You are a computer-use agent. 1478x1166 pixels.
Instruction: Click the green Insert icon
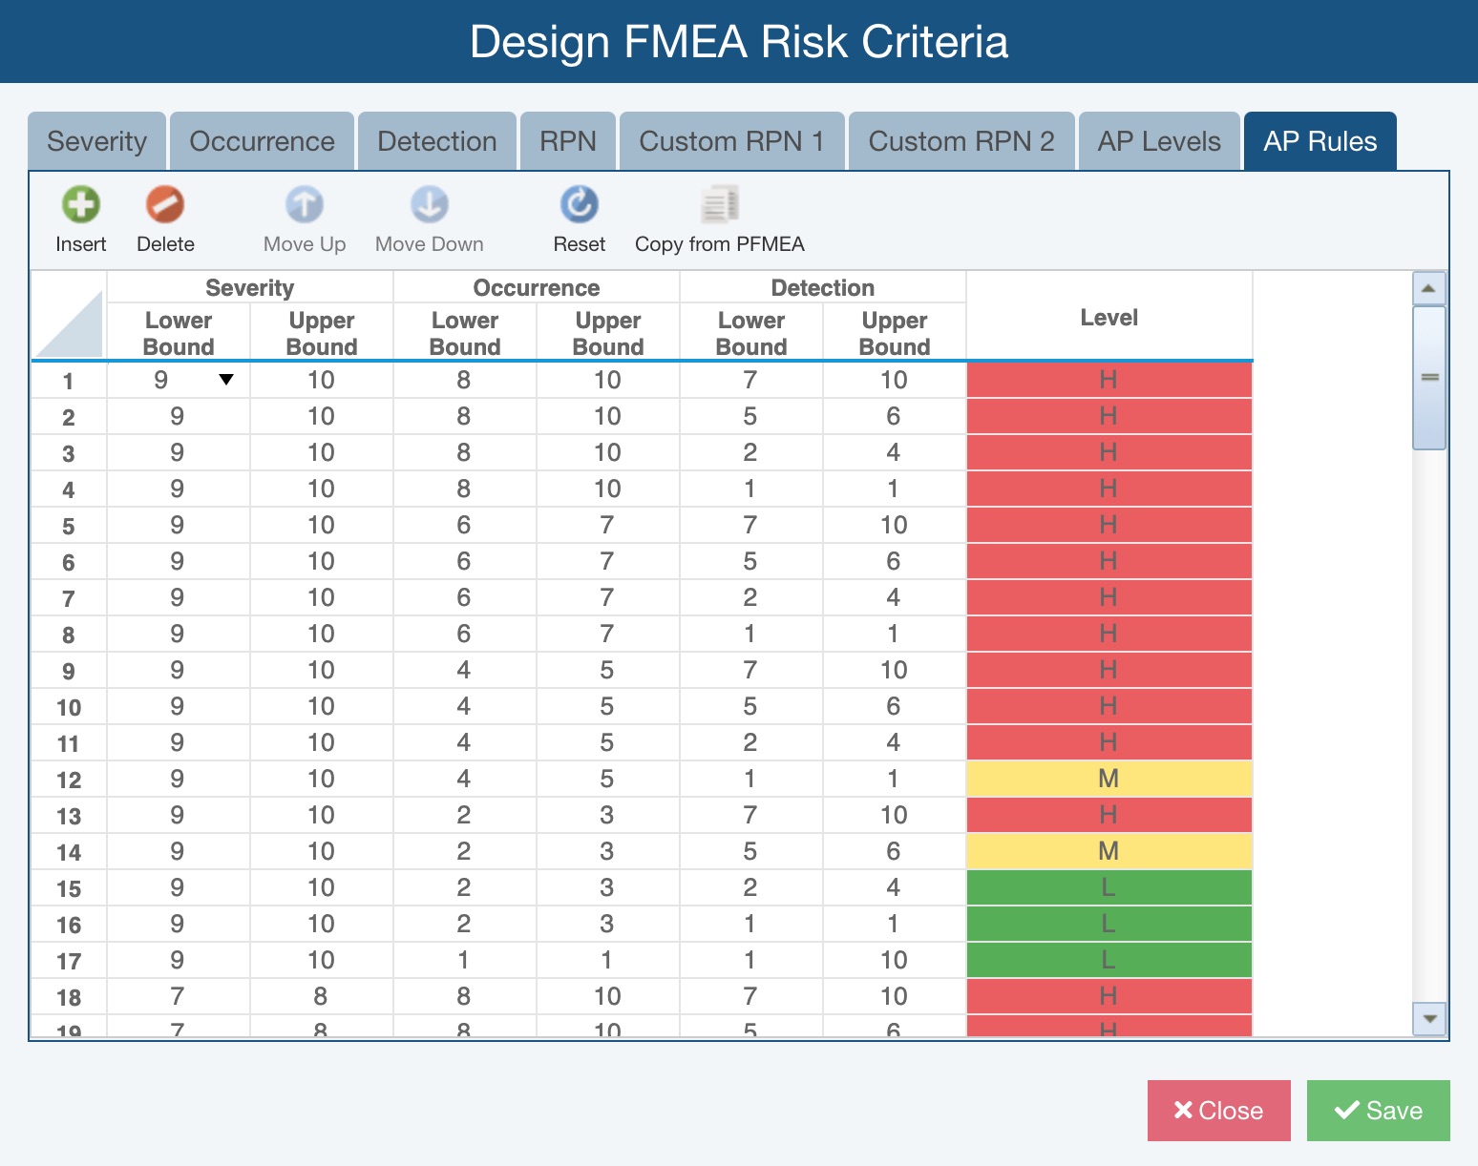(81, 204)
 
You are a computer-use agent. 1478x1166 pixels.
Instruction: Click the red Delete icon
(165, 204)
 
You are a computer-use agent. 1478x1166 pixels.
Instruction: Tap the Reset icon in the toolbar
(579, 204)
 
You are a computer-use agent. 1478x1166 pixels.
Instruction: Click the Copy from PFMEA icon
(719, 204)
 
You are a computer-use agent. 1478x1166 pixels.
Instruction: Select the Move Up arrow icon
(305, 204)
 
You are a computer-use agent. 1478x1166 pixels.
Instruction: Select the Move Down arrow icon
(430, 204)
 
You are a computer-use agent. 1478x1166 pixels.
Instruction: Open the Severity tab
(96, 141)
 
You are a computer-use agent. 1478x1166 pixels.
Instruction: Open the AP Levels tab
(1159, 141)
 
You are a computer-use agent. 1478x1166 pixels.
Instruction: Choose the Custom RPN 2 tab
(961, 141)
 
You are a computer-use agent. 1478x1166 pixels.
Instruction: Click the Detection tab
(437, 141)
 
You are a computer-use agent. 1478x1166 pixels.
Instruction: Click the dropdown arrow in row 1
(226, 380)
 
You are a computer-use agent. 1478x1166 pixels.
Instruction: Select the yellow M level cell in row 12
(1108, 779)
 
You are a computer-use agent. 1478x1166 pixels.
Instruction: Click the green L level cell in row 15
(1108, 887)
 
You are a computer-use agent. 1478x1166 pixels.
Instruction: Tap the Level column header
(1108, 318)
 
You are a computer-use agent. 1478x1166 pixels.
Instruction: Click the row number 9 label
(69, 671)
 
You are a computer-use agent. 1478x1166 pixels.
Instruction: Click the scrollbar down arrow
(1429, 1018)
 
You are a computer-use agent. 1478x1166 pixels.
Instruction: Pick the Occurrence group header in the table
(536, 287)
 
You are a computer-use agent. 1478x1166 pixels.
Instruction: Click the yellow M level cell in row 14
(1108, 851)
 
